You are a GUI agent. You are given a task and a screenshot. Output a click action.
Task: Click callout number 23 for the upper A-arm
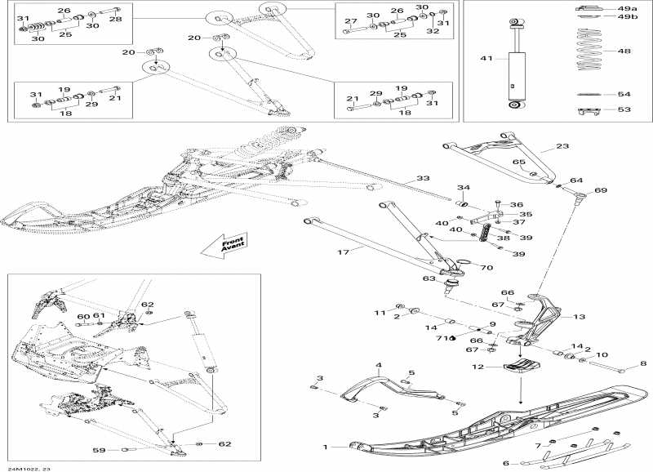[562, 147]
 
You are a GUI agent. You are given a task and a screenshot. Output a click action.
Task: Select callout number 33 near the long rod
[422, 179]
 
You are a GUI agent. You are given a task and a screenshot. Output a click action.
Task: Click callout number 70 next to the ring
[486, 267]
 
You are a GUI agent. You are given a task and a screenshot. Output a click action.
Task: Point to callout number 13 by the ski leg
[579, 317]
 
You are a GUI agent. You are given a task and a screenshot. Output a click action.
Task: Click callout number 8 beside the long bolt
[642, 363]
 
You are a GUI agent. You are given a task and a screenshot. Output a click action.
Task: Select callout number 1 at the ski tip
[326, 447]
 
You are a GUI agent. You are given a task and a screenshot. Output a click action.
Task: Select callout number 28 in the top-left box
[115, 18]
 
